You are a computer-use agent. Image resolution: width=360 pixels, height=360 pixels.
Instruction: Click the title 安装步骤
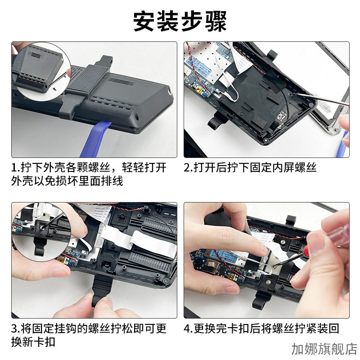[180, 21]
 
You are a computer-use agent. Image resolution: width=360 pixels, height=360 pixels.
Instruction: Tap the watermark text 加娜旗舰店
[324, 349]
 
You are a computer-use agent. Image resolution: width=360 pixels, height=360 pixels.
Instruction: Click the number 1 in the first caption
[15, 168]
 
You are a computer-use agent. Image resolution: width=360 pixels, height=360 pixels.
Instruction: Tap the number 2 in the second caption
[188, 168]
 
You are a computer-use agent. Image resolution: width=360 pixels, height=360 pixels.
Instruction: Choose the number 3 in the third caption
[15, 328]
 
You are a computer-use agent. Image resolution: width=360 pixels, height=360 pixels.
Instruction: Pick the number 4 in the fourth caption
[188, 328]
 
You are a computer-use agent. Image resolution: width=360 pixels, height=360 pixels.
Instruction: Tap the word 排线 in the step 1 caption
[112, 181]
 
